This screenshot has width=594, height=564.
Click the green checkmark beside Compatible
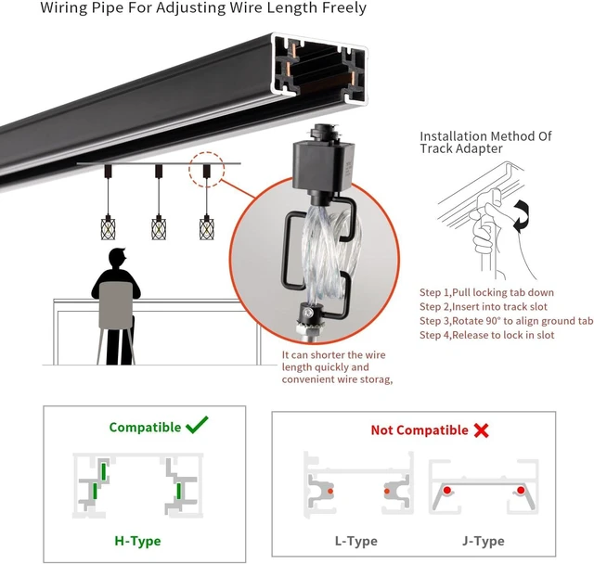tap(197, 425)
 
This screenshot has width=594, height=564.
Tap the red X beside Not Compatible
tap(481, 430)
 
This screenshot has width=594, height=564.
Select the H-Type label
tap(137, 541)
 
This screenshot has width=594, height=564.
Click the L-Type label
tap(356, 541)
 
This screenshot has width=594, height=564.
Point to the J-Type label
tap(484, 541)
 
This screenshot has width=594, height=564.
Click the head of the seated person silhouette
tap(117, 258)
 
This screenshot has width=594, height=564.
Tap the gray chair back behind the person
tap(116, 305)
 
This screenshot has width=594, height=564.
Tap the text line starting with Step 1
tap(486, 292)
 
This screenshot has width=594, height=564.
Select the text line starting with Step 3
tap(506, 321)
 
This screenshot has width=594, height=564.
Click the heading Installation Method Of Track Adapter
tap(485, 142)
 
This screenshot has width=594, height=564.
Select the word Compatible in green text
tap(145, 428)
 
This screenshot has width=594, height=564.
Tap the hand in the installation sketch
tap(489, 224)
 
